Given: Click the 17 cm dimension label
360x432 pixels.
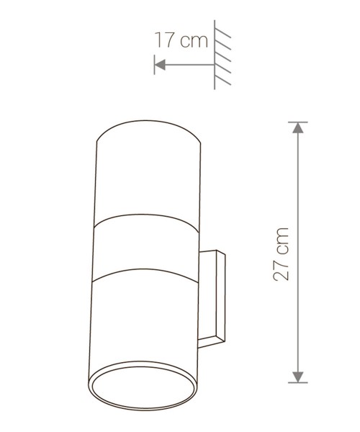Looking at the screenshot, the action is pos(181,40).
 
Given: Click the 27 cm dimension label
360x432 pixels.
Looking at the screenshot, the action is pos(281,254).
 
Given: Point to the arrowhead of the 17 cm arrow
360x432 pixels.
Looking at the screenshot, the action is pos(160,65).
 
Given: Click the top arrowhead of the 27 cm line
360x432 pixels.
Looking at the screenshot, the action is pos(298,128).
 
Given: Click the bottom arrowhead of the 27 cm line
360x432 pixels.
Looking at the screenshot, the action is pos(298,377).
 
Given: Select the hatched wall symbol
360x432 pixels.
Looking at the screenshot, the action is pos(222,55).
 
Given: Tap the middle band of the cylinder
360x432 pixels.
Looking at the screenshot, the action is pos(145,247).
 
